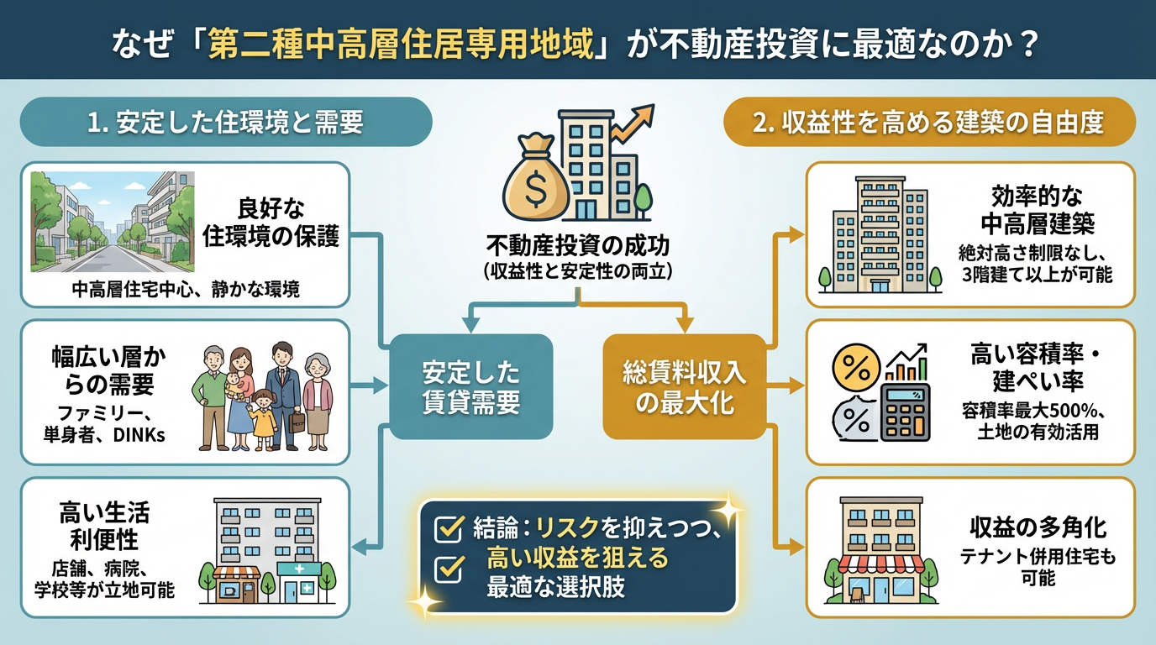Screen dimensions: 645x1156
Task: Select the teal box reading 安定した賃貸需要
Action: coord(470,386)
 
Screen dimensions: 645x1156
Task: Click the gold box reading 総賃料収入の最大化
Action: coord(684,386)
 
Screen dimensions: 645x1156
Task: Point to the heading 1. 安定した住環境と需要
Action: coord(225,123)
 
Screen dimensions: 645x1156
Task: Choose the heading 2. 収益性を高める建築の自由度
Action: coord(928,123)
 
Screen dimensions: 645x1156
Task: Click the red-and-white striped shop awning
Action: coord(876,563)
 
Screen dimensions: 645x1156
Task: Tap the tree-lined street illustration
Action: coord(113,222)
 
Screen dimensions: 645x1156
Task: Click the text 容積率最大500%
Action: coord(1021,412)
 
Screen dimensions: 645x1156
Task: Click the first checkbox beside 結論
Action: coord(448,528)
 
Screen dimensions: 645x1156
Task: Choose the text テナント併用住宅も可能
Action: coord(1038,567)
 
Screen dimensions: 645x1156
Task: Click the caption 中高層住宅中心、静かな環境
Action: coord(185,290)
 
